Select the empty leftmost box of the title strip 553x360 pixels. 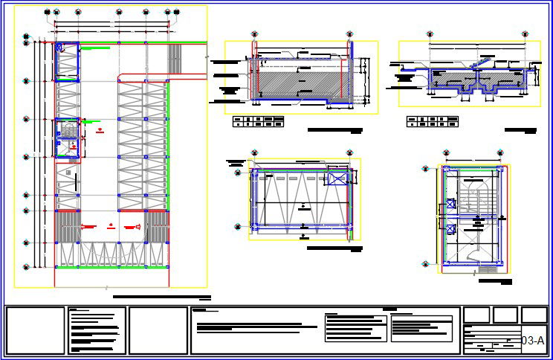35,330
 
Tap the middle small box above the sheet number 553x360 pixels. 505,315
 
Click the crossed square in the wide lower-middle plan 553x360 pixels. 337,179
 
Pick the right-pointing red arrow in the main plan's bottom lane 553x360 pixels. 133,225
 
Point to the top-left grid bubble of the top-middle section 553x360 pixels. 254,34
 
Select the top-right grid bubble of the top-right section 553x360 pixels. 526,34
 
